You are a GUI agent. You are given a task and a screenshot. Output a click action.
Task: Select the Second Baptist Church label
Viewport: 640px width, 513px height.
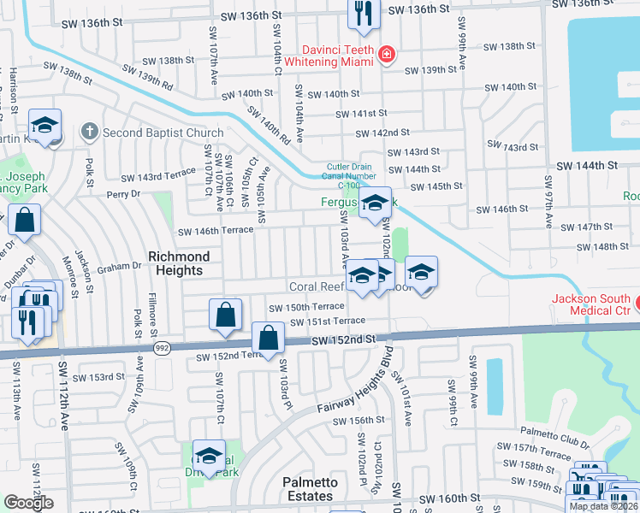coord(163,133)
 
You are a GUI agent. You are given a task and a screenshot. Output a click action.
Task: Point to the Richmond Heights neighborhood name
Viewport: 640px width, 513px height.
coord(179,263)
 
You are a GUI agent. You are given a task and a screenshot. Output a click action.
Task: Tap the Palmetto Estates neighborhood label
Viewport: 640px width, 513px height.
coord(309,489)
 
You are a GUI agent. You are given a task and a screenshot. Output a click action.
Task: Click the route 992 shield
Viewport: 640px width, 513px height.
coord(161,348)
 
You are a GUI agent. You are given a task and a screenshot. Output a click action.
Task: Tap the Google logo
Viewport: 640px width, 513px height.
coord(29,503)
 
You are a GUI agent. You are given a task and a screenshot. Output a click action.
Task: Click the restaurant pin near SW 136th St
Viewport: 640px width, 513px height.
coord(364,14)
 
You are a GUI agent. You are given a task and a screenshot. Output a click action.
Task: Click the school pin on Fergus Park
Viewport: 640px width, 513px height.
coord(374,203)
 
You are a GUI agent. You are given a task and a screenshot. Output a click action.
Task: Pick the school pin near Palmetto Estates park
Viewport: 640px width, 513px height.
coord(208,454)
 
